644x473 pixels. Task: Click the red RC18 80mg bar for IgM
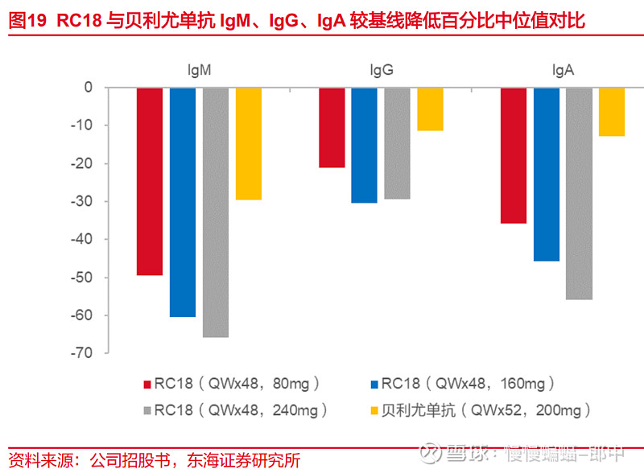click(150, 181)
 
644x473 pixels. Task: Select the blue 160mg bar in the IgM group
click(183, 202)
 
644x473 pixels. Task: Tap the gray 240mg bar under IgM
click(216, 212)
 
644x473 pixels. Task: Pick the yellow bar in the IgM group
click(248, 143)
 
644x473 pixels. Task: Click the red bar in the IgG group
click(332, 127)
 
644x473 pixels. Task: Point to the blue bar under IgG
click(365, 145)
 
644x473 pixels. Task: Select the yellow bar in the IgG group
click(430, 109)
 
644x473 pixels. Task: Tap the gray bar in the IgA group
click(579, 193)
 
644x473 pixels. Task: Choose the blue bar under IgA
click(547, 174)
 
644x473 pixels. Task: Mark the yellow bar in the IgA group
click(612, 112)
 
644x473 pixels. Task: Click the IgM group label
click(199, 71)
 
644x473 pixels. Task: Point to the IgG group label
click(381, 71)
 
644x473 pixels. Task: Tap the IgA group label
click(563, 71)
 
